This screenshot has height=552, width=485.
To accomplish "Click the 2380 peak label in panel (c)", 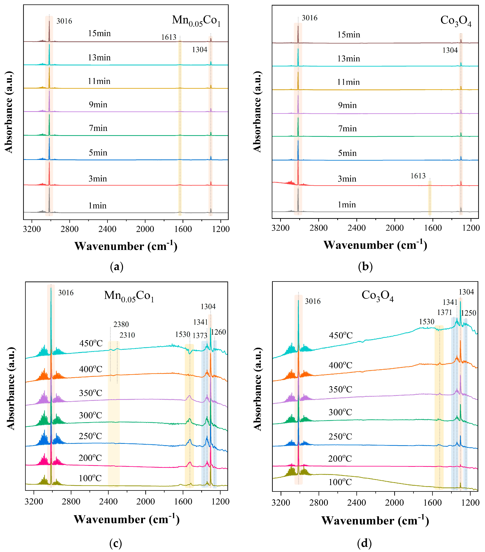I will [x=121, y=324].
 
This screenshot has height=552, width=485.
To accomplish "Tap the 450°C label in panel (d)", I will [x=341, y=336].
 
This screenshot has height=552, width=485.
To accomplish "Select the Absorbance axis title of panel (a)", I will [x=9, y=112].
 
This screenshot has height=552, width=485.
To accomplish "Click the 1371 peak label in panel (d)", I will [x=444, y=312].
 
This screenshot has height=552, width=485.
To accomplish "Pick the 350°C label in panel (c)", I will [x=90, y=393].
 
